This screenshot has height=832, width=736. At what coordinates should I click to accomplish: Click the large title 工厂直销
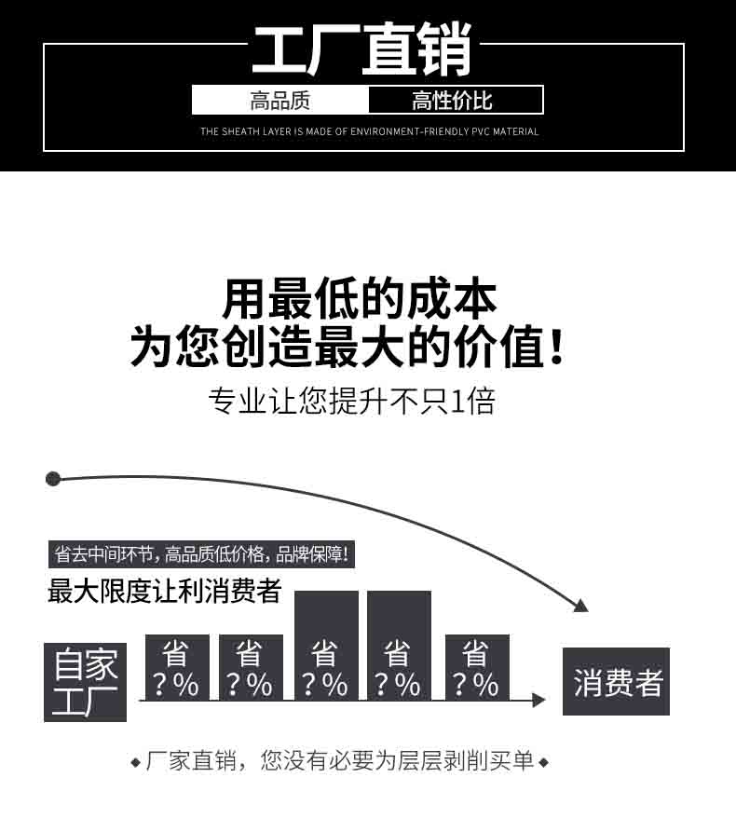[x=362, y=49]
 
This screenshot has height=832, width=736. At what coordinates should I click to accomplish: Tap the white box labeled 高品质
[x=280, y=100]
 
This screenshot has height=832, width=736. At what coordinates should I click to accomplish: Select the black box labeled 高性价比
[x=456, y=100]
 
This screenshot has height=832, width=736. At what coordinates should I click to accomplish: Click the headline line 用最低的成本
[x=360, y=299]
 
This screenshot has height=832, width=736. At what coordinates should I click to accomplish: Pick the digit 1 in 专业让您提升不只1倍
[x=458, y=401]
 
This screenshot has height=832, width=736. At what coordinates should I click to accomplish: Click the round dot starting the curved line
[x=53, y=479]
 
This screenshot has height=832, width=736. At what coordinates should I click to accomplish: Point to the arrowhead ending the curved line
[x=581, y=606]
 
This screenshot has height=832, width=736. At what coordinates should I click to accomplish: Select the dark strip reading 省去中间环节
[x=201, y=554]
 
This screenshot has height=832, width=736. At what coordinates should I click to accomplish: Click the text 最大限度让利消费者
[x=165, y=591]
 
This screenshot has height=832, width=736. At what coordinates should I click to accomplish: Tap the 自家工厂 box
[x=85, y=682]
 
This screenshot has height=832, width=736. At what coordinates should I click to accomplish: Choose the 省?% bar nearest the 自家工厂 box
[x=177, y=667]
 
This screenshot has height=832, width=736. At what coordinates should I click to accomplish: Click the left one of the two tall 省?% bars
[x=326, y=646]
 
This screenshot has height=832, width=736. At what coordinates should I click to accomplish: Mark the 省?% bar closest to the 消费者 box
[x=477, y=667]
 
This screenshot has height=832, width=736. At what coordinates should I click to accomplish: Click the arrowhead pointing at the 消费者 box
[x=538, y=701]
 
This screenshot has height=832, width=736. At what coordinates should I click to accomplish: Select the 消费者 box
[x=616, y=681]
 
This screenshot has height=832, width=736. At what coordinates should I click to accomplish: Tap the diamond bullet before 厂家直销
[x=136, y=762]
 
